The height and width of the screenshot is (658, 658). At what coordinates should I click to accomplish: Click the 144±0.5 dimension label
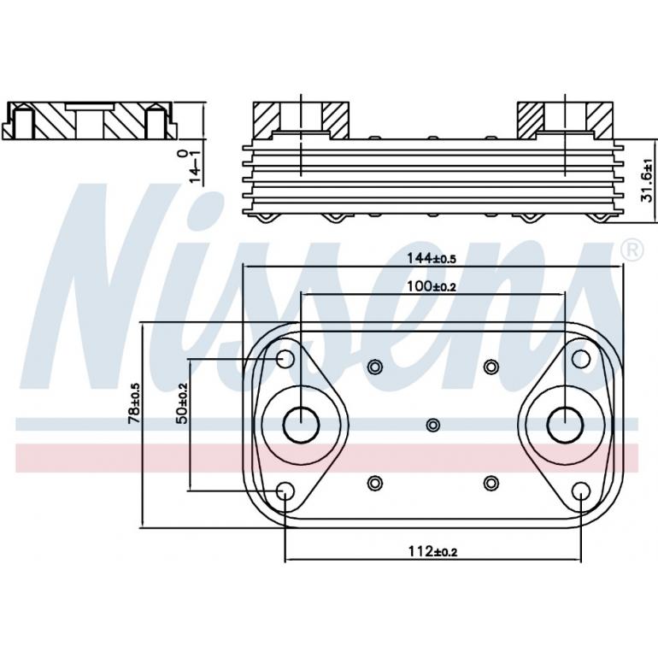(x=432, y=256)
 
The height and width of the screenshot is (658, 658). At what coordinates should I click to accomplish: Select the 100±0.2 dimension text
(x=432, y=286)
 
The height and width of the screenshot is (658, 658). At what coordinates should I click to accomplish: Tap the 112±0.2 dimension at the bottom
(x=432, y=552)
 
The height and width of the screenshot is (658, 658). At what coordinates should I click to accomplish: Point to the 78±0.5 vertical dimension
(x=134, y=404)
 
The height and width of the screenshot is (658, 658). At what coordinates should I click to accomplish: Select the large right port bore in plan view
(x=565, y=425)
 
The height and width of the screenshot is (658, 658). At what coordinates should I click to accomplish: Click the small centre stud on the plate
(x=433, y=425)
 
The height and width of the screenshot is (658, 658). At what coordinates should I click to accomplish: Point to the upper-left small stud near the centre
(x=374, y=367)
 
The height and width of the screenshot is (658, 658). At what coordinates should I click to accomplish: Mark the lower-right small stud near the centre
(x=491, y=483)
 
